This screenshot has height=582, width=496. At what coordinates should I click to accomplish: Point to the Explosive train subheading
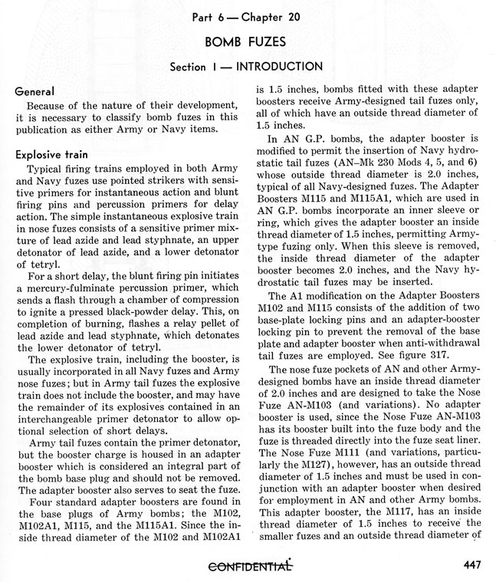point(53,154)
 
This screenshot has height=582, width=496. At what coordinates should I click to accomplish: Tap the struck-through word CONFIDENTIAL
point(248,567)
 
